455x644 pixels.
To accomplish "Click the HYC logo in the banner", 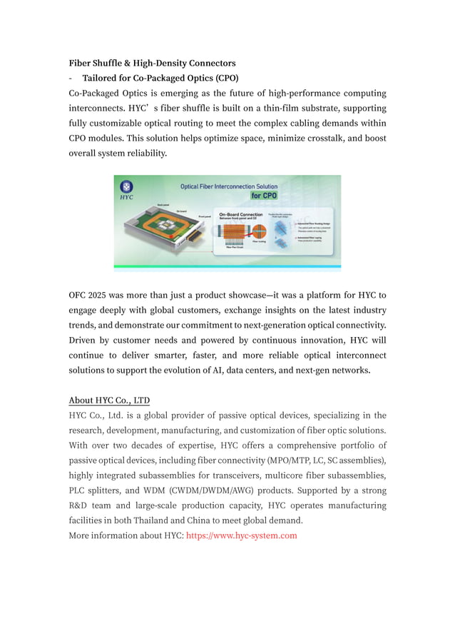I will pyautogui.click(x=126, y=188).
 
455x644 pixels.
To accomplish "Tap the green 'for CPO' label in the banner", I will pyautogui.click(x=263, y=195).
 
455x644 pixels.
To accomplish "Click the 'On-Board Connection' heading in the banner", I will pyautogui.click(x=240, y=213).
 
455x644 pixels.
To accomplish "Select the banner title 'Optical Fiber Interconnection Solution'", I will pyautogui.click(x=228, y=186).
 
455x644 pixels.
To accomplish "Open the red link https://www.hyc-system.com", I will pyautogui.click(x=241, y=535).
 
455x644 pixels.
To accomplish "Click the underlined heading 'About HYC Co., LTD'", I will pyautogui.click(x=109, y=400).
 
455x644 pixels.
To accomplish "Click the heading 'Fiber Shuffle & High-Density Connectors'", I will pyautogui.click(x=152, y=64).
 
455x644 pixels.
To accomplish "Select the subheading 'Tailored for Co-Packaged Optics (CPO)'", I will pyautogui.click(x=160, y=79).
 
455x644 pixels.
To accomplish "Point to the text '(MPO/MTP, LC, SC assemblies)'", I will pyautogui.click(x=327, y=461).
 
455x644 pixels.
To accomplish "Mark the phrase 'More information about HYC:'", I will pyautogui.click(x=126, y=535).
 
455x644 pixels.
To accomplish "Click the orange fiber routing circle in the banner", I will pyautogui.click(x=260, y=231).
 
